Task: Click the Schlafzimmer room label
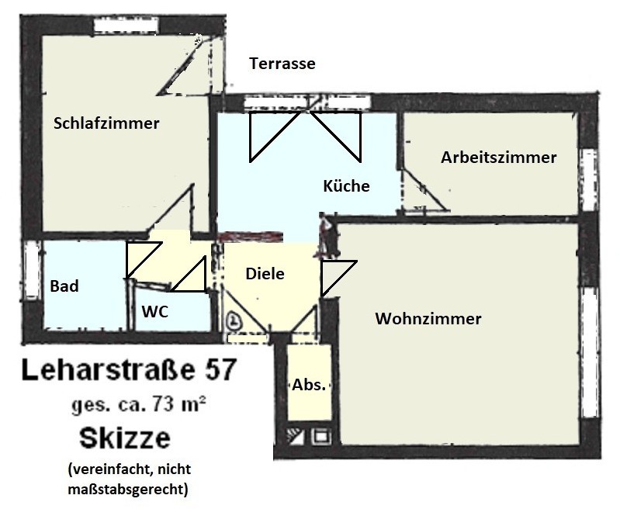tap(106, 123)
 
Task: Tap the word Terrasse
tap(282, 64)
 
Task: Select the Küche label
tap(346, 186)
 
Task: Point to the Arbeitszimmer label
tap(499, 158)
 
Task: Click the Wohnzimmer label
tap(428, 318)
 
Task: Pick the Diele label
tap(265, 274)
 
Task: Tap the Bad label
tap(64, 286)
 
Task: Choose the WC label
tap(155, 312)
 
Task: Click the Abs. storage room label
tap(309, 385)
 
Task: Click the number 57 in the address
tap(221, 371)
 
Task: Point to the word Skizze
tap(125, 438)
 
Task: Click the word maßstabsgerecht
tap(126, 490)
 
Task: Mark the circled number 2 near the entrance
tap(234, 320)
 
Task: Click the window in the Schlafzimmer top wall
tap(127, 26)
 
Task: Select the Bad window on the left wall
tap(32, 269)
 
